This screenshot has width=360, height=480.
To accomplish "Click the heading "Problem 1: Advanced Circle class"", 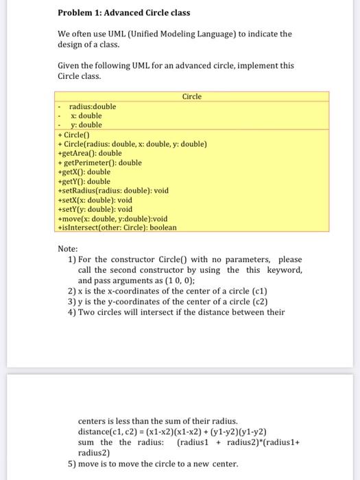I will pos(124,12).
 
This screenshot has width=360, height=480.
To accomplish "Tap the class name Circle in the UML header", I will pos(192,97).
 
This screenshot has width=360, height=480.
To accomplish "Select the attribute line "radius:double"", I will pos(92,106).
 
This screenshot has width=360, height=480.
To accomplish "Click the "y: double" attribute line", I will pos(86,125).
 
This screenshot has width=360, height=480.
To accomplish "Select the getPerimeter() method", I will pos(100,163).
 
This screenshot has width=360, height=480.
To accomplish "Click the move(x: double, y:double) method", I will pos(113,218).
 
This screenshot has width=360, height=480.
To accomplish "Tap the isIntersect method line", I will pos(117,227).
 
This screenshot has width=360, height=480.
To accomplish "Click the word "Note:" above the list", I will pos(68,249).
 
